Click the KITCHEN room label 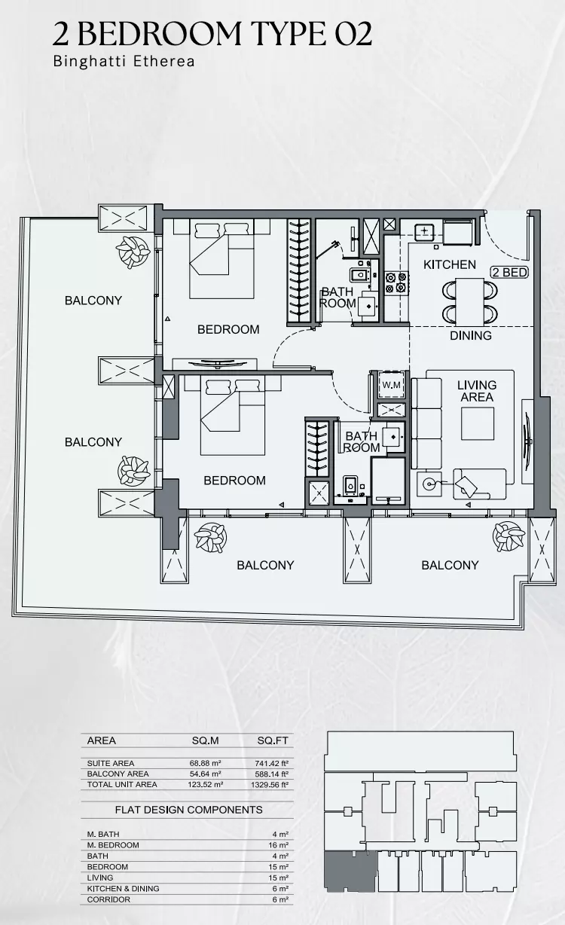tap(449, 264)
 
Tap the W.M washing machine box tap(391, 385)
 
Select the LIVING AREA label tap(477, 391)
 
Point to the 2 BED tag tap(509, 272)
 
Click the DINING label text tap(470, 335)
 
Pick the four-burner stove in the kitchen tap(396, 282)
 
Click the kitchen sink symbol tap(424, 232)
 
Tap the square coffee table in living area tap(478, 423)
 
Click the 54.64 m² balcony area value tap(205, 774)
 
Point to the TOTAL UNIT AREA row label tap(122, 784)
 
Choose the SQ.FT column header tap(273, 740)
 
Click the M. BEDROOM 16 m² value tap(279, 845)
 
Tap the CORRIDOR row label tap(108, 899)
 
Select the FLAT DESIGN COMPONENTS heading tap(189, 809)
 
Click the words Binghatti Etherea tap(124, 62)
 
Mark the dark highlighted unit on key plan tap(350, 872)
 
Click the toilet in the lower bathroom tap(350, 484)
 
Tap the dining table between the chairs tap(469, 301)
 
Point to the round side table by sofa tap(429, 484)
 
